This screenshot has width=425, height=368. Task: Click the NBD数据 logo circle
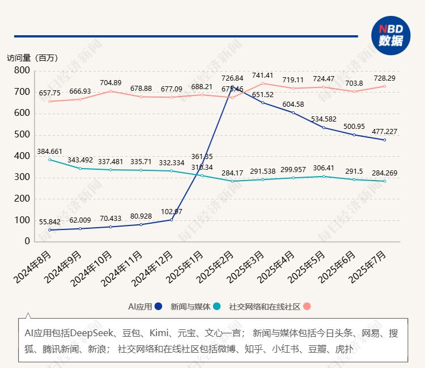point(390,36)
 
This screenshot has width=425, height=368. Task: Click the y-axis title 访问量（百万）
point(32,58)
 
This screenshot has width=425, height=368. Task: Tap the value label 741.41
point(262,75)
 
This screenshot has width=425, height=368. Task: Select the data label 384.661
point(50,151)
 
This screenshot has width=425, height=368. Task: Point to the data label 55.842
point(50,222)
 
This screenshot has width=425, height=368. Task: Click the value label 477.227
point(384,131)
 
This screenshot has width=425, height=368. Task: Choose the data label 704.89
point(110,82)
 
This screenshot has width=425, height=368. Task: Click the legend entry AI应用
point(146,307)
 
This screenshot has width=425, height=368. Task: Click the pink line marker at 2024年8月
point(50,101)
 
